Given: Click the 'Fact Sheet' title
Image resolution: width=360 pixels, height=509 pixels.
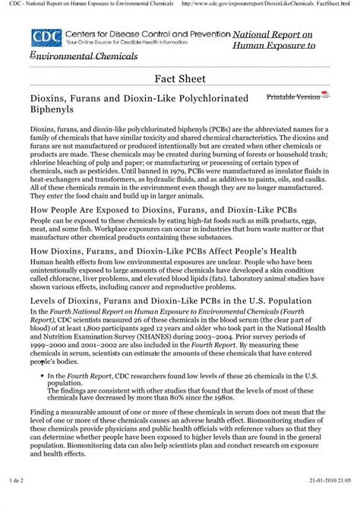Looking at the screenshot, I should [x=180, y=78].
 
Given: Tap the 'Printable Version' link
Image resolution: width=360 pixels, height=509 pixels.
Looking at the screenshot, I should [x=293, y=97].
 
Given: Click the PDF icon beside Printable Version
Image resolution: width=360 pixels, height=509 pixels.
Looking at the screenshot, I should [x=326, y=95].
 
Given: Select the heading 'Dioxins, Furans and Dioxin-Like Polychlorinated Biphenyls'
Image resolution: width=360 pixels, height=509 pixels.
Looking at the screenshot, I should [x=128, y=105].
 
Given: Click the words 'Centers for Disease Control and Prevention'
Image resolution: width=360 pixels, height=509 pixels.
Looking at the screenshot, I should [x=149, y=35].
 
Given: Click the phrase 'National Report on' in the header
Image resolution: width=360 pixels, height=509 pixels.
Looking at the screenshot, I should [x=273, y=35].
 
